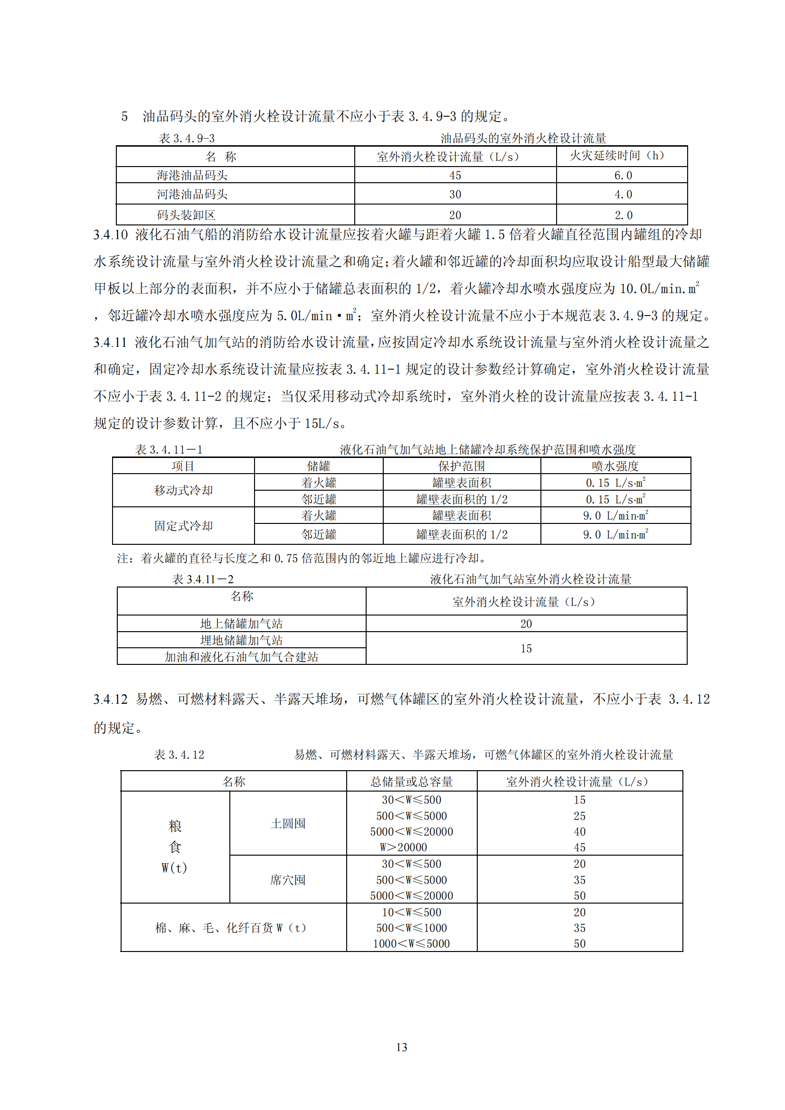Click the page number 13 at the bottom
point(401,1047)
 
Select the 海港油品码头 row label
point(192,175)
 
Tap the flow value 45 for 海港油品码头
point(454,176)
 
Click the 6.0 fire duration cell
point(623,176)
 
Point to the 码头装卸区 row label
point(186,215)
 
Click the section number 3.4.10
point(110,235)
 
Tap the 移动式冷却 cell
point(183,490)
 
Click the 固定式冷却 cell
point(183,525)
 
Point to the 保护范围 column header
point(462,466)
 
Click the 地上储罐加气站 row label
point(241,624)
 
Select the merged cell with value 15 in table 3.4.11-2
point(526,648)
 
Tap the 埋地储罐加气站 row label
point(241,640)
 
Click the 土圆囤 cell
point(288,823)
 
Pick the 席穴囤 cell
point(288,880)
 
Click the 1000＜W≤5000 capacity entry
point(411,944)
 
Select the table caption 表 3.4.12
point(179,755)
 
